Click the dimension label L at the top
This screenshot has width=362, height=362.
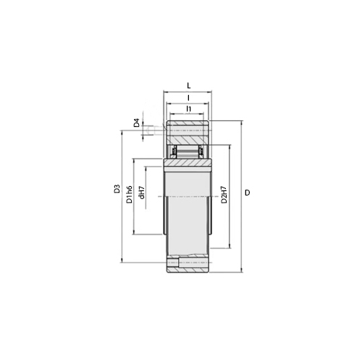coord(189,85)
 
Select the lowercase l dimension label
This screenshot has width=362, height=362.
coord(188,98)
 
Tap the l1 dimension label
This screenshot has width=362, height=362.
coord(189,109)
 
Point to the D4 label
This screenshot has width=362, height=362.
coord(137,123)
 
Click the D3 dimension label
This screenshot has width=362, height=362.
coord(117,189)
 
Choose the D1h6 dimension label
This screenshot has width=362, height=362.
coord(130,194)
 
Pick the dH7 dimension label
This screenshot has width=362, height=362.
coord(142,193)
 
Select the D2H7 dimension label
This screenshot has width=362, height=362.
coord(224,195)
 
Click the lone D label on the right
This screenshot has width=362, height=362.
coord(248,193)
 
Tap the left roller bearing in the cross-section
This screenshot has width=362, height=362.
coord(174,151)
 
